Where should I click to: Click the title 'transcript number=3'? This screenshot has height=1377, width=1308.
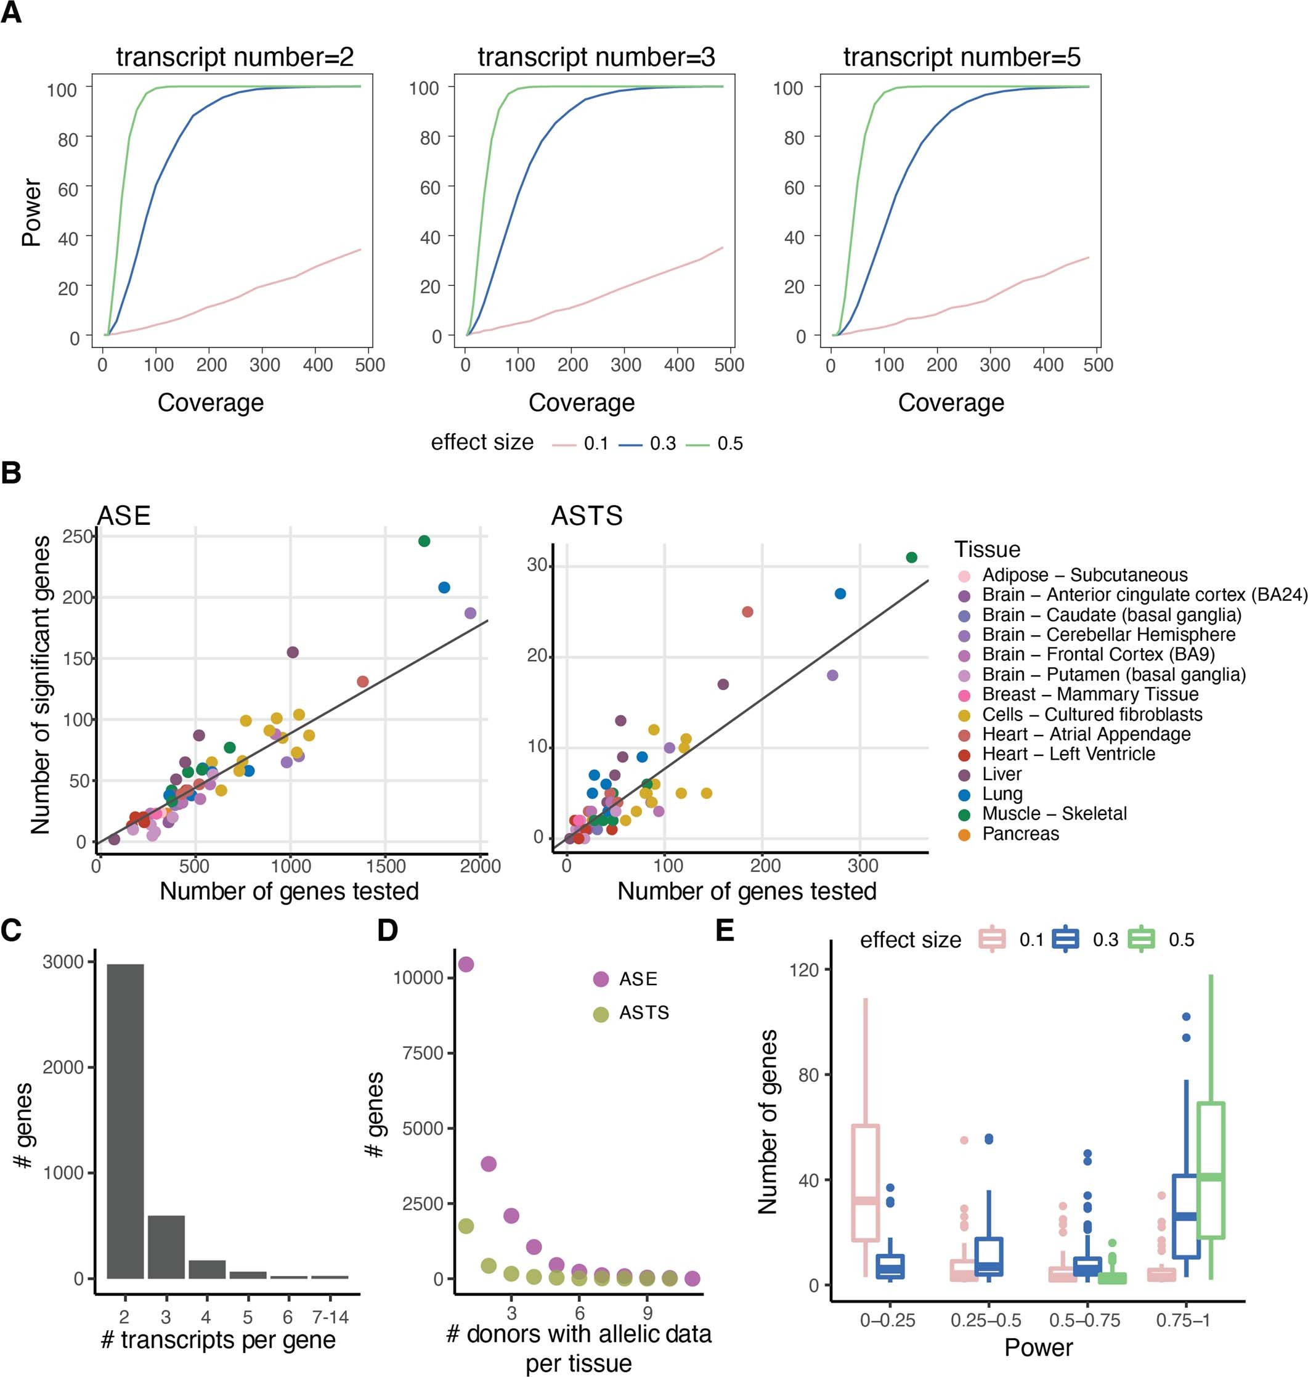596,57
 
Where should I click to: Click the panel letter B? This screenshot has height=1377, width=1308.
12,473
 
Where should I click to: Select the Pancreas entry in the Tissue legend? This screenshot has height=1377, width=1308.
1020,834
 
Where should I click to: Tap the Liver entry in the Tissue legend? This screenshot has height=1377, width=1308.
1001,774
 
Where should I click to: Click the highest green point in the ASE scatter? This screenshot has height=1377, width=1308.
424,541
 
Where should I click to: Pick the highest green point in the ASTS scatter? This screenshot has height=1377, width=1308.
911,557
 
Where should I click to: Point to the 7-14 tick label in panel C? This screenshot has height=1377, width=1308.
329,1317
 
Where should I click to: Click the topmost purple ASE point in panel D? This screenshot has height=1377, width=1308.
466,964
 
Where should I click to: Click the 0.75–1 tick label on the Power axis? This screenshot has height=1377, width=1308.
1183,1320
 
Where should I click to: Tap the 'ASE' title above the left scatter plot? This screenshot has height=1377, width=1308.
123,516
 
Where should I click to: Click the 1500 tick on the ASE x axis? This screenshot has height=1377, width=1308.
386,866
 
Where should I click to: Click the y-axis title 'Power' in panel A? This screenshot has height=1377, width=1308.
31,213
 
